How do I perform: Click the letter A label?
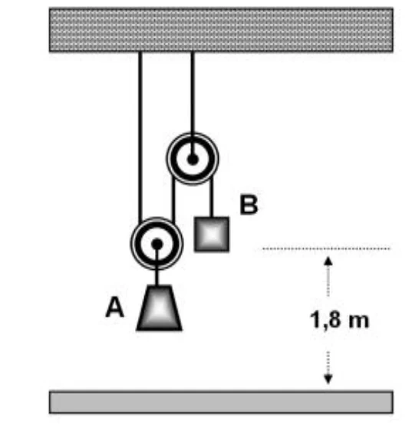point(114,307)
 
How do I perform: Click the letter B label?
point(249,205)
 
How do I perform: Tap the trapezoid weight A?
point(159,307)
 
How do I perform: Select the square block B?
point(212,234)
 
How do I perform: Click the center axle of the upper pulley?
point(193,159)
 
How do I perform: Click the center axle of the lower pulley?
point(157,244)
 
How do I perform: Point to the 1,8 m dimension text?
point(340,320)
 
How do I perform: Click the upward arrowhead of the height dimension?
point(328,261)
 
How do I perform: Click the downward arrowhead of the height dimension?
point(328,379)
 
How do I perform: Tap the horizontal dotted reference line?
point(326,248)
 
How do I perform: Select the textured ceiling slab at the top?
point(221,30)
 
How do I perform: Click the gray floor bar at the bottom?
point(221,402)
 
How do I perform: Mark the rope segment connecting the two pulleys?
point(173,199)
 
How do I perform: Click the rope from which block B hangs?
point(212,197)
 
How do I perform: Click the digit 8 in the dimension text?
point(334,319)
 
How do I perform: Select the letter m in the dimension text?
point(359,322)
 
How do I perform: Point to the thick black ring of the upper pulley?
point(192,174)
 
